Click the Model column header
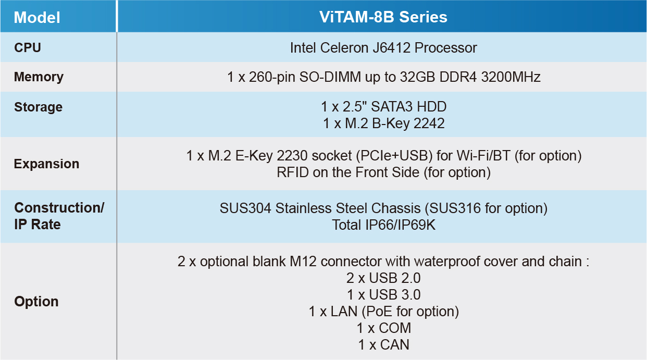tap(37, 17)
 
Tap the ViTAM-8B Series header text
tap(383, 17)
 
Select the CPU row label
tap(28, 48)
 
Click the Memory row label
tap(39, 77)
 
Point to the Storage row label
tap(38, 107)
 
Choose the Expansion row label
tap(46, 164)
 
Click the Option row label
tap(36, 302)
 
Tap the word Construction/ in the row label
tap(59, 208)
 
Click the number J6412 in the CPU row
tap(391, 48)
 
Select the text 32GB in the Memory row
tap(417, 77)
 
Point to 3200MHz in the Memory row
tap(511, 77)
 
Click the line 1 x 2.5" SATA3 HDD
tap(383, 107)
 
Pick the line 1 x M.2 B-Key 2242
tap(383, 123)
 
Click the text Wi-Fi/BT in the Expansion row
tap(483, 156)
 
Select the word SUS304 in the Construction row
tap(245, 208)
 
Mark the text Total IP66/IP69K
tap(383, 225)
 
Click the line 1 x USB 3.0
tap(383, 295)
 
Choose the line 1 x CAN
tap(383, 345)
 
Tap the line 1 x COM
tap(383, 328)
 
